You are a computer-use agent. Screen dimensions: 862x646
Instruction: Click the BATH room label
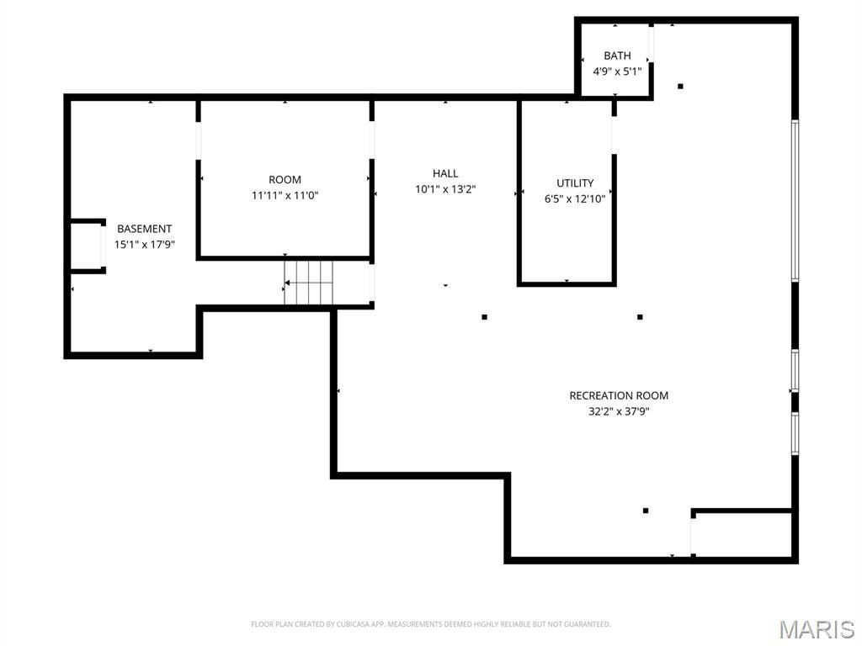coord(617,56)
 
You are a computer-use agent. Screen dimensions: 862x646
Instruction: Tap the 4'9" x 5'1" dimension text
coord(617,71)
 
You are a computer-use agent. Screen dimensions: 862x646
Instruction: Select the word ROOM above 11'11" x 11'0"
coord(285,180)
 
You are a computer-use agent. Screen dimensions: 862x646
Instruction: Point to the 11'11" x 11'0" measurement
coord(285,195)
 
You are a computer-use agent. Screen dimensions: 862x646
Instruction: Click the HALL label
coord(445,173)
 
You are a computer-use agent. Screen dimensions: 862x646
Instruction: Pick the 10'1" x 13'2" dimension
coord(445,189)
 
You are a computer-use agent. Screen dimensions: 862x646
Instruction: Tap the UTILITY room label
coord(575,183)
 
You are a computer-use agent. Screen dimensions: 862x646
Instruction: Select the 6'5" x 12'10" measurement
coord(575,199)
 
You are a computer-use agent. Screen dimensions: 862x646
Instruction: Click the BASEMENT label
coord(145,229)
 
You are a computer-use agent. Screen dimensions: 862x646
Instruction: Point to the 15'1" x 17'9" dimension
coord(145,245)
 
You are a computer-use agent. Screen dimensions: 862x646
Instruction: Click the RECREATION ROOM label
coord(619,395)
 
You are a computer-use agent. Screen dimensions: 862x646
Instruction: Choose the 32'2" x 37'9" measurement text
coord(619,411)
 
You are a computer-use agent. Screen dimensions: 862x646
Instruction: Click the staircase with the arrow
coord(308,283)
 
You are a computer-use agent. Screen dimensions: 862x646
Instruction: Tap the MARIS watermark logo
coord(817,629)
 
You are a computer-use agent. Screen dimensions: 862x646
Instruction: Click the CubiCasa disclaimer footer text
coord(431,624)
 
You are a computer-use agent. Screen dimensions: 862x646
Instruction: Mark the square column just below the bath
coord(680,87)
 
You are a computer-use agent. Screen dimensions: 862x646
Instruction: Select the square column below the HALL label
coord(484,317)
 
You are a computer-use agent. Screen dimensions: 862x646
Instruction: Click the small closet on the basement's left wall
coord(88,246)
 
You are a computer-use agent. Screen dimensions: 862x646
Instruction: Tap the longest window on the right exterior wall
coord(795,200)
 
